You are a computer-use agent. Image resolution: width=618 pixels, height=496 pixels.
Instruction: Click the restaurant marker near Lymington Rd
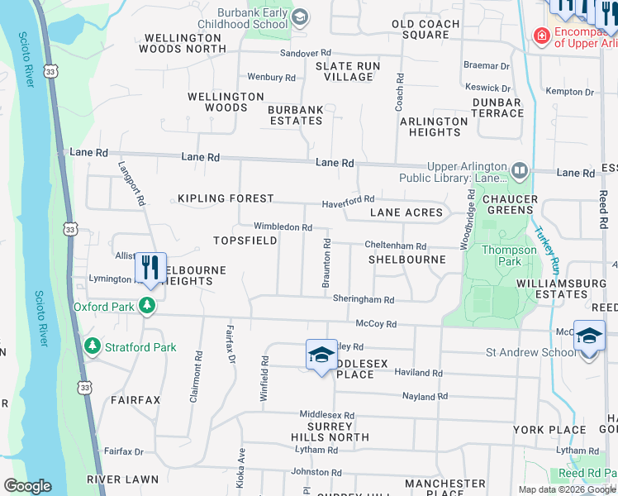click(150, 268)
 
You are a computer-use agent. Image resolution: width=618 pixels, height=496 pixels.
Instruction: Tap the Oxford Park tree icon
click(148, 306)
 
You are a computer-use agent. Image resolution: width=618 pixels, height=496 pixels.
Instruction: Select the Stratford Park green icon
click(93, 346)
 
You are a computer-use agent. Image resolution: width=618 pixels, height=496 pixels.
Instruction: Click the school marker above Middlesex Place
click(321, 355)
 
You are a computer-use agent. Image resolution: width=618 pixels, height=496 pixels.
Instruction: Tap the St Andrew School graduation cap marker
click(588, 336)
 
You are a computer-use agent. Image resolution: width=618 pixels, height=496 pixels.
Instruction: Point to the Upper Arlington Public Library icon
click(520, 171)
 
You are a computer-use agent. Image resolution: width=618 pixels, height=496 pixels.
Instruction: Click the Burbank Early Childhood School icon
click(300, 17)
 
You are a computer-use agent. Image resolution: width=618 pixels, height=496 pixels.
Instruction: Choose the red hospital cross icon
click(542, 36)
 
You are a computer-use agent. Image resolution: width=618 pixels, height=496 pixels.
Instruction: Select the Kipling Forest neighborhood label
click(226, 199)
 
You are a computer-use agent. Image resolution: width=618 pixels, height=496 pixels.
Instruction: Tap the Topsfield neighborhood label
click(244, 241)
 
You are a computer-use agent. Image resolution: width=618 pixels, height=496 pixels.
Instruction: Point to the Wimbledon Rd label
click(283, 227)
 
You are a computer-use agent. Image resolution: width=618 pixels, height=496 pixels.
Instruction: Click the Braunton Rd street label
click(327, 263)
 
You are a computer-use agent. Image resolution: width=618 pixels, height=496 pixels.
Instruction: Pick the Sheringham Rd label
click(364, 299)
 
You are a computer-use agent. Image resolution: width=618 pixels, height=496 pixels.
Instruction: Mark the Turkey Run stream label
click(546, 250)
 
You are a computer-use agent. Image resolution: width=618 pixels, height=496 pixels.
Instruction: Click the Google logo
click(28, 486)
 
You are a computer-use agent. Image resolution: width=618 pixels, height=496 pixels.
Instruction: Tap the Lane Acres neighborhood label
click(406, 212)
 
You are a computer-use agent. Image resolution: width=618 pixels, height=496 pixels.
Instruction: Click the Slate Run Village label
click(348, 71)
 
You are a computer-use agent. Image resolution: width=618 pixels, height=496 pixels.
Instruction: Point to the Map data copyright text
click(567, 489)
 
